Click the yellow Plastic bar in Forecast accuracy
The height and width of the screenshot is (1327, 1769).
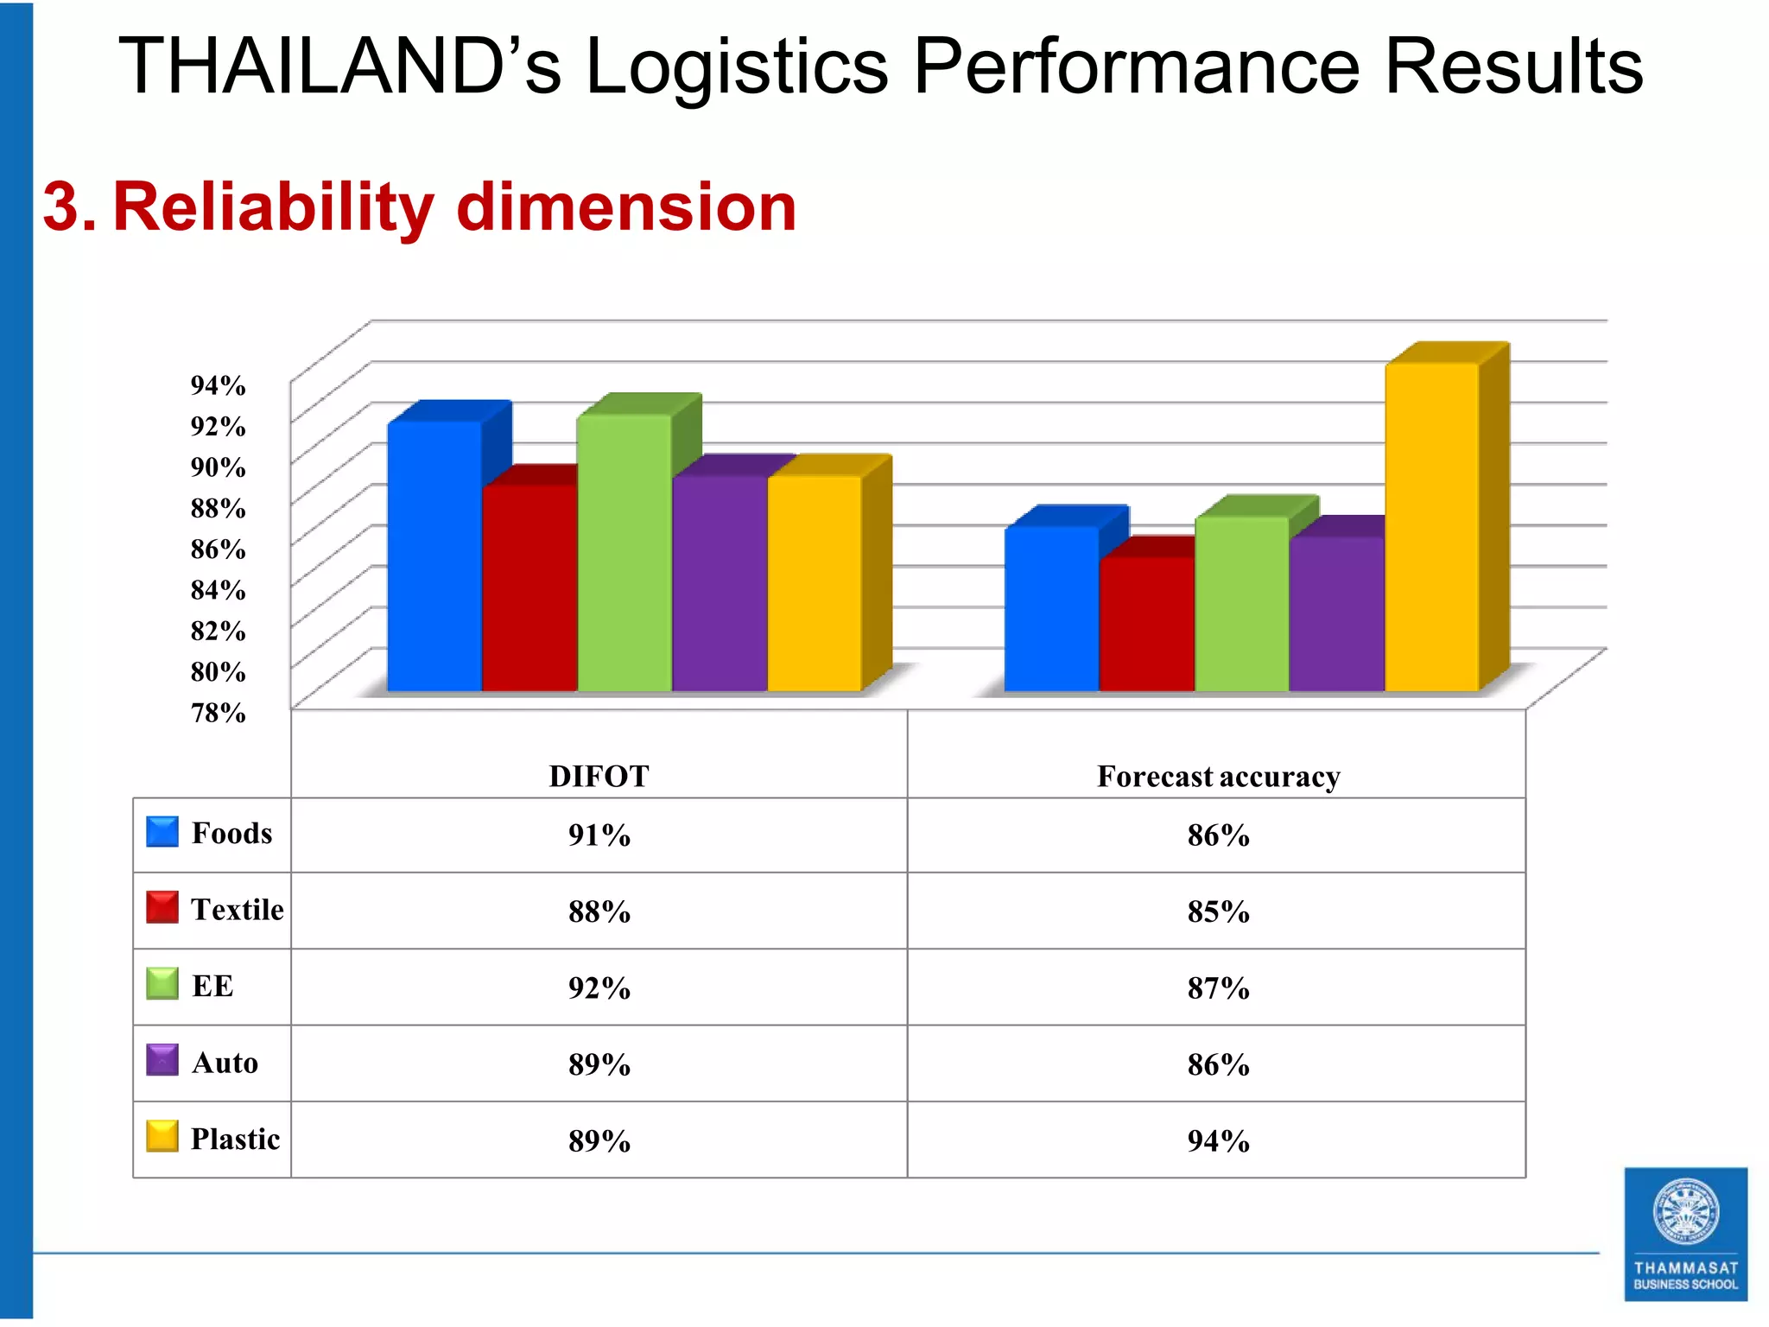click(x=1431, y=527)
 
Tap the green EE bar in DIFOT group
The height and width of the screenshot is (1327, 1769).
click(x=624, y=553)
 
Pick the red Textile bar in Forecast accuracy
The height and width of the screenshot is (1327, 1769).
click(x=1146, y=624)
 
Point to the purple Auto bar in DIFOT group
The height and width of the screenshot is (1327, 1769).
click(x=720, y=583)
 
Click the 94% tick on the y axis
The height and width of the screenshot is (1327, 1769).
click(x=218, y=385)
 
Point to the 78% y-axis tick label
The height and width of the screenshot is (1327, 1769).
click(x=218, y=713)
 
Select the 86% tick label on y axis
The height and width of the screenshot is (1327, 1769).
click(x=218, y=549)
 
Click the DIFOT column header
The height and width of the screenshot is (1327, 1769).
click(x=599, y=776)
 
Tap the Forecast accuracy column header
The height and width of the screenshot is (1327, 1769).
click(x=1218, y=776)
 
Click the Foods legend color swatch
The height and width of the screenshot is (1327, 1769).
click(x=162, y=831)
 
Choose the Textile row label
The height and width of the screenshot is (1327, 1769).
click(x=237, y=910)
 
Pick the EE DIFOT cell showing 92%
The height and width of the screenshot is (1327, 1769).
click(x=599, y=987)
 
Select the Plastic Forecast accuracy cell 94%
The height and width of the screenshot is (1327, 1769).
click(x=1218, y=1140)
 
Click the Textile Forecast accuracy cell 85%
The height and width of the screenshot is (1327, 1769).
click(x=1218, y=911)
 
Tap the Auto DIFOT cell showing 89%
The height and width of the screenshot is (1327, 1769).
click(x=599, y=1064)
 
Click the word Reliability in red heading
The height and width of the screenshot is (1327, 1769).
click(x=272, y=207)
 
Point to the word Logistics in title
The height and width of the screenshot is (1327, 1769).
click(x=736, y=67)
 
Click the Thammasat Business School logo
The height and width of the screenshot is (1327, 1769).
click(x=1685, y=1234)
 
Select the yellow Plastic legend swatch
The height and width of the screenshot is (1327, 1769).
click(x=162, y=1136)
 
